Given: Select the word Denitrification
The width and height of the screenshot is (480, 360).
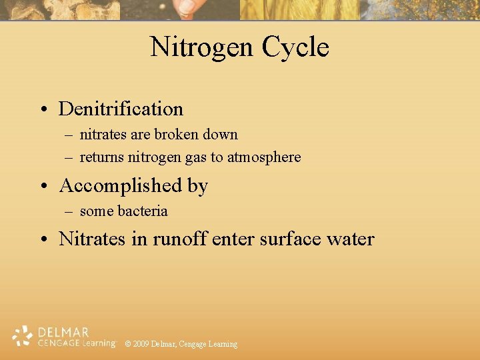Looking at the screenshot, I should point(121,109).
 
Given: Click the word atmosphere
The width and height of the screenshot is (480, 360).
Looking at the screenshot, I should point(264,157).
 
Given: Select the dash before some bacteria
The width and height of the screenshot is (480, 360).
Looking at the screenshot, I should point(69,212).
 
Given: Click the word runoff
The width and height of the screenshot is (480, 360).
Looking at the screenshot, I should point(180,239).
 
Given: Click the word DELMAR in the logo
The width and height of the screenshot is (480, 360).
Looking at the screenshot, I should point(63,332).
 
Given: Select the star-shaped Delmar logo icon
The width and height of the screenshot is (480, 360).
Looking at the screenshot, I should point(23,336).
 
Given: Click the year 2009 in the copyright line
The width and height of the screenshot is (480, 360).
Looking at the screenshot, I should point(141,344).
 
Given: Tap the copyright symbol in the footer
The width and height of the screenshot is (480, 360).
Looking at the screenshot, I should point(128,344).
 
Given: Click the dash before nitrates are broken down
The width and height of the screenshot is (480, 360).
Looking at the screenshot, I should point(69,135).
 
